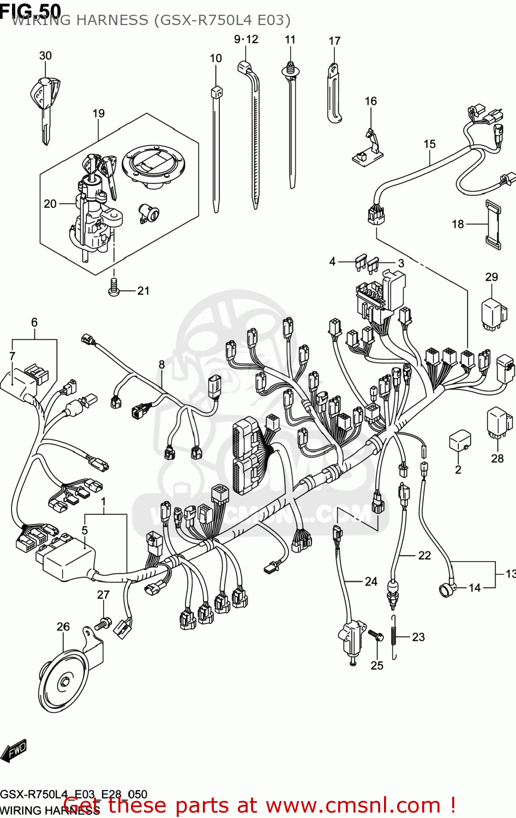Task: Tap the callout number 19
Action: (98, 113)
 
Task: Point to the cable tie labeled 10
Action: (216, 147)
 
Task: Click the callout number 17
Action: (334, 41)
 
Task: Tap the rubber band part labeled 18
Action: (493, 224)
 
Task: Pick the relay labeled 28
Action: (499, 423)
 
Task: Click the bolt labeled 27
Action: (103, 622)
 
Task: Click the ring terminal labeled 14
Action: (446, 589)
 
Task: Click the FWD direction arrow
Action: (14, 751)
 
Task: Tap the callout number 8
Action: (161, 364)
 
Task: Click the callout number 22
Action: (424, 555)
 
